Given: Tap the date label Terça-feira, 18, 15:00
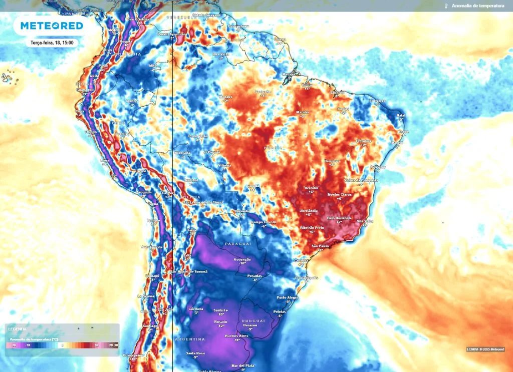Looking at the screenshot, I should coord(52,43).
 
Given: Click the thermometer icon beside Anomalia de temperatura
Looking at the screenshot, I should coord(445,6).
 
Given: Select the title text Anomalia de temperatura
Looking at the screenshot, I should coord(474,6).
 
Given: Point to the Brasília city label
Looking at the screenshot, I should coord(311,188).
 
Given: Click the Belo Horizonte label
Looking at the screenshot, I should coord(340,218).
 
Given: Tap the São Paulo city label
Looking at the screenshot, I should coord(320,246).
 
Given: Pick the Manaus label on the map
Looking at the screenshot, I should coord(226,97).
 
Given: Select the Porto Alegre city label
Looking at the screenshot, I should coord(288,297).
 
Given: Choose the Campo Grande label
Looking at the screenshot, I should coord(264,222).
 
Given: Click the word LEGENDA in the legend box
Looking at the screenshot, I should coord(17,329).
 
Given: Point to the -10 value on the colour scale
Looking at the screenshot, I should coord(29,345).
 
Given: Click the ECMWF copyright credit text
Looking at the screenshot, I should coord(485,349).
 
